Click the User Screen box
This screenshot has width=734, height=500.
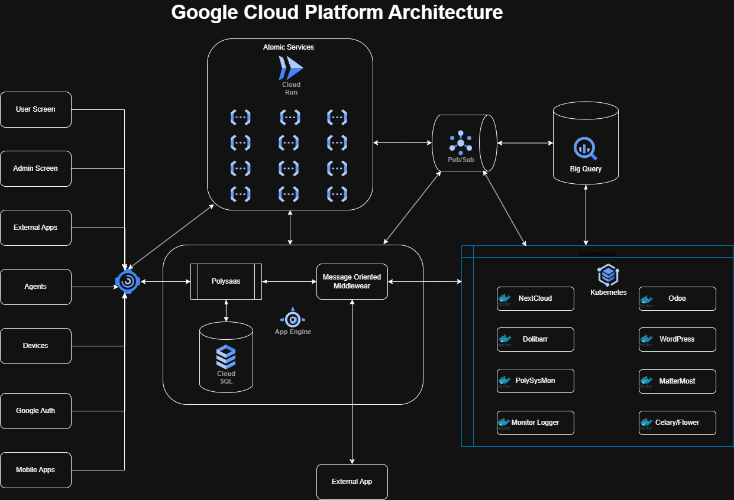click(35, 109)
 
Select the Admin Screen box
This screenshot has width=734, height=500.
click(35, 168)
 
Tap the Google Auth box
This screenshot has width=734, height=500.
click(35, 411)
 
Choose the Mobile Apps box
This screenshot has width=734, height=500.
click(35, 470)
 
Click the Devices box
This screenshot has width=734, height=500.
click(35, 346)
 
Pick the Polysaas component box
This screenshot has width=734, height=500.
click(227, 282)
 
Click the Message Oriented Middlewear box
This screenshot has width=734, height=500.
click(352, 281)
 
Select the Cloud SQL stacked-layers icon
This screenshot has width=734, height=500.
click(226, 356)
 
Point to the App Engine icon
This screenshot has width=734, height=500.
click(293, 318)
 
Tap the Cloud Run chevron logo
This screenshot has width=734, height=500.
click(290, 68)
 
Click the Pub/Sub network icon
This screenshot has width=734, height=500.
click(461, 142)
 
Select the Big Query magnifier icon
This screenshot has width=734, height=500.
click(585, 148)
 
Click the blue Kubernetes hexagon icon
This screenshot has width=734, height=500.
click(608, 275)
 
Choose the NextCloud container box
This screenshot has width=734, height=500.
click(535, 298)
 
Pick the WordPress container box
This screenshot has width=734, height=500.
click(677, 339)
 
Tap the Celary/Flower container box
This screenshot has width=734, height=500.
click(677, 423)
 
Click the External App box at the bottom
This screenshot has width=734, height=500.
click(352, 482)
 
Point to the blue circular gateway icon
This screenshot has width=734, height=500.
click(127, 283)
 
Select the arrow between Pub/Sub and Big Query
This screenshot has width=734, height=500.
click(524, 142)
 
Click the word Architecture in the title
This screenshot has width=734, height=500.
click(445, 12)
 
